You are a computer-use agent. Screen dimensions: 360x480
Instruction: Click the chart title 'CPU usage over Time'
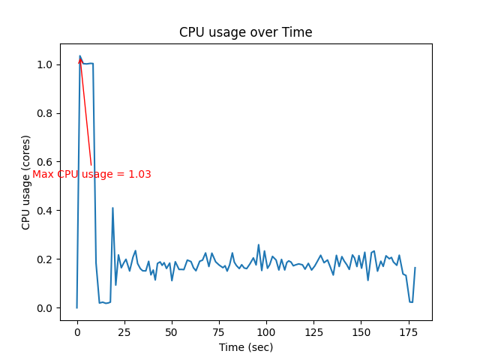coord(245,32)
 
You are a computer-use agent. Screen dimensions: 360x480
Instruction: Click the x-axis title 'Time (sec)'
coord(245,347)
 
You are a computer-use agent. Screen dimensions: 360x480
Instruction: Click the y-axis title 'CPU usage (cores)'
coord(26,182)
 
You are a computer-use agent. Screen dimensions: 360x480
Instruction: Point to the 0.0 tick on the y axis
coord(46,308)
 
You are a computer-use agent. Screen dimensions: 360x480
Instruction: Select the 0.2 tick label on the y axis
coord(46,259)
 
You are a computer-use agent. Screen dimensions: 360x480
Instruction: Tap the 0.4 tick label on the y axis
coord(46,211)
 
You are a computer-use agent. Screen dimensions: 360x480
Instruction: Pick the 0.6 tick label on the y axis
coord(46,162)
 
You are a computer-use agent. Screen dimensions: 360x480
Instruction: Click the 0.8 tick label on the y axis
coord(46,113)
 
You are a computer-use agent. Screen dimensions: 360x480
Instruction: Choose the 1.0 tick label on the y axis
coord(46,64)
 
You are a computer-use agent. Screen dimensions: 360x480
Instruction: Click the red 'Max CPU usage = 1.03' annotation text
coord(91,175)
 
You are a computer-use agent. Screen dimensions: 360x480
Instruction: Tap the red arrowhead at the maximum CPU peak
coord(80,60)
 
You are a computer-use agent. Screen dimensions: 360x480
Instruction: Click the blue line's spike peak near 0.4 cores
coord(112,208)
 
